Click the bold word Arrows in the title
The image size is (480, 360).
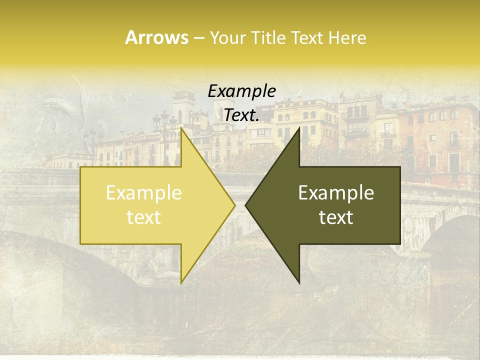coord(156,37)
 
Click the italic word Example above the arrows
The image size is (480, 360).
coord(241,91)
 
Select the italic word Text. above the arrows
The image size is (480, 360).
coord(241,115)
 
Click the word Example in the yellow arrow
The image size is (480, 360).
coord(143,193)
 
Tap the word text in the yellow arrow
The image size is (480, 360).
coord(143,217)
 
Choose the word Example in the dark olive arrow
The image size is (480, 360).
coord(336,193)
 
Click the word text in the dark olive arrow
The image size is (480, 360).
coord(336,217)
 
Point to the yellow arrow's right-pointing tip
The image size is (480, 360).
coord(234,205)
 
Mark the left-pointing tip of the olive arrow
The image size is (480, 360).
coord(246,205)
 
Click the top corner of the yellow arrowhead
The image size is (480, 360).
coord(181,129)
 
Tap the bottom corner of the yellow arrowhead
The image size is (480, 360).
coord(181,282)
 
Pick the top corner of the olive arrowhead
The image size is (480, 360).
coord(299,129)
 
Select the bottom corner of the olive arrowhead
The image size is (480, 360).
coord(299,282)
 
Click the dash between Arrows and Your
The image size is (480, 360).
coord(198,38)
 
